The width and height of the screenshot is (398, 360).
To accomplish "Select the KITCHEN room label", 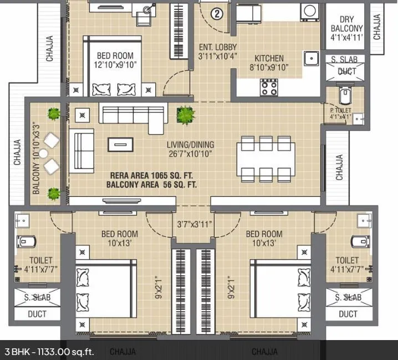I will [269, 58].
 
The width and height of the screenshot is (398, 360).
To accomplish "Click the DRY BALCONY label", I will [346, 23].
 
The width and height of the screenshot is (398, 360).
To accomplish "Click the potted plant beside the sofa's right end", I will [184, 115].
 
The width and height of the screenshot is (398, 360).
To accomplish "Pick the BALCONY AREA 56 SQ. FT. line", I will [151, 184].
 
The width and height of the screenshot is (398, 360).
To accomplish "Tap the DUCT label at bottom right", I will [348, 314].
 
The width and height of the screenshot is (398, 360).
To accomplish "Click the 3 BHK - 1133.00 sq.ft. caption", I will [49, 351].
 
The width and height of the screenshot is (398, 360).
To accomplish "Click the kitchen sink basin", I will [311, 58].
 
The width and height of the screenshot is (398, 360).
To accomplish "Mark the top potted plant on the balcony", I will [54, 114].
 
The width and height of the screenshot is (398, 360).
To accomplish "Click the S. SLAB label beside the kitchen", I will [344, 60].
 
